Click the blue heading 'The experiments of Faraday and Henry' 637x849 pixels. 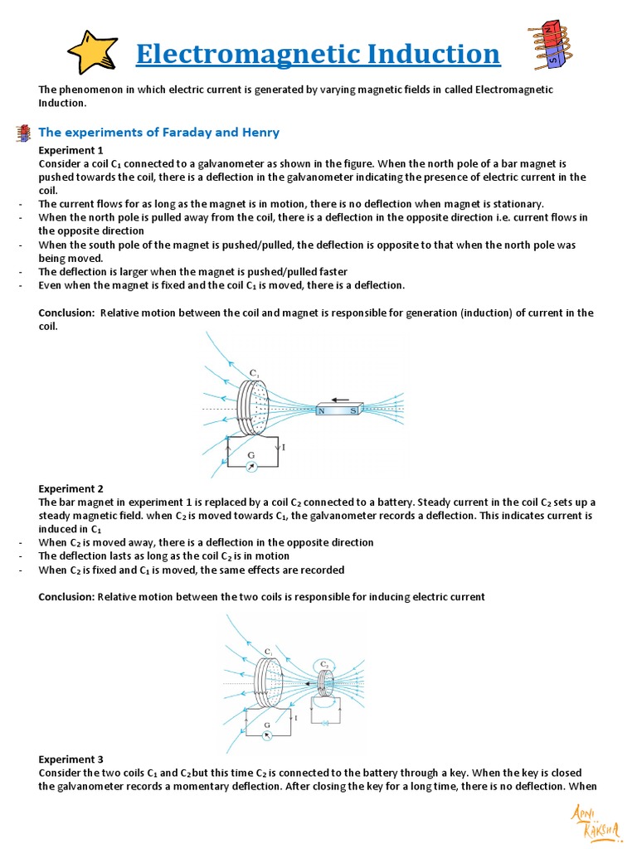pos(159,133)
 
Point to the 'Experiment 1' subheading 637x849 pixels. pos(71,150)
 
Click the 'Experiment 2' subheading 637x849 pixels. pos(71,489)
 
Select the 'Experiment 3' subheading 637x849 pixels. pos(71,759)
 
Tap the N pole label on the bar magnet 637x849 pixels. pos(321,410)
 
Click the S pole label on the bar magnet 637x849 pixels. pos(353,410)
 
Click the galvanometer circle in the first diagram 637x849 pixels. pos(252,468)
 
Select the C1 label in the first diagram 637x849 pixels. pos(254,374)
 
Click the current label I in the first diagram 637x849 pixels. pos(284,448)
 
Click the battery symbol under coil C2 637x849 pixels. pos(325,722)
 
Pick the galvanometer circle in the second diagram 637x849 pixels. pos(266,735)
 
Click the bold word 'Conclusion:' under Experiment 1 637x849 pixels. pos(67,313)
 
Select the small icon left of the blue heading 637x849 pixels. pos(25,133)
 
